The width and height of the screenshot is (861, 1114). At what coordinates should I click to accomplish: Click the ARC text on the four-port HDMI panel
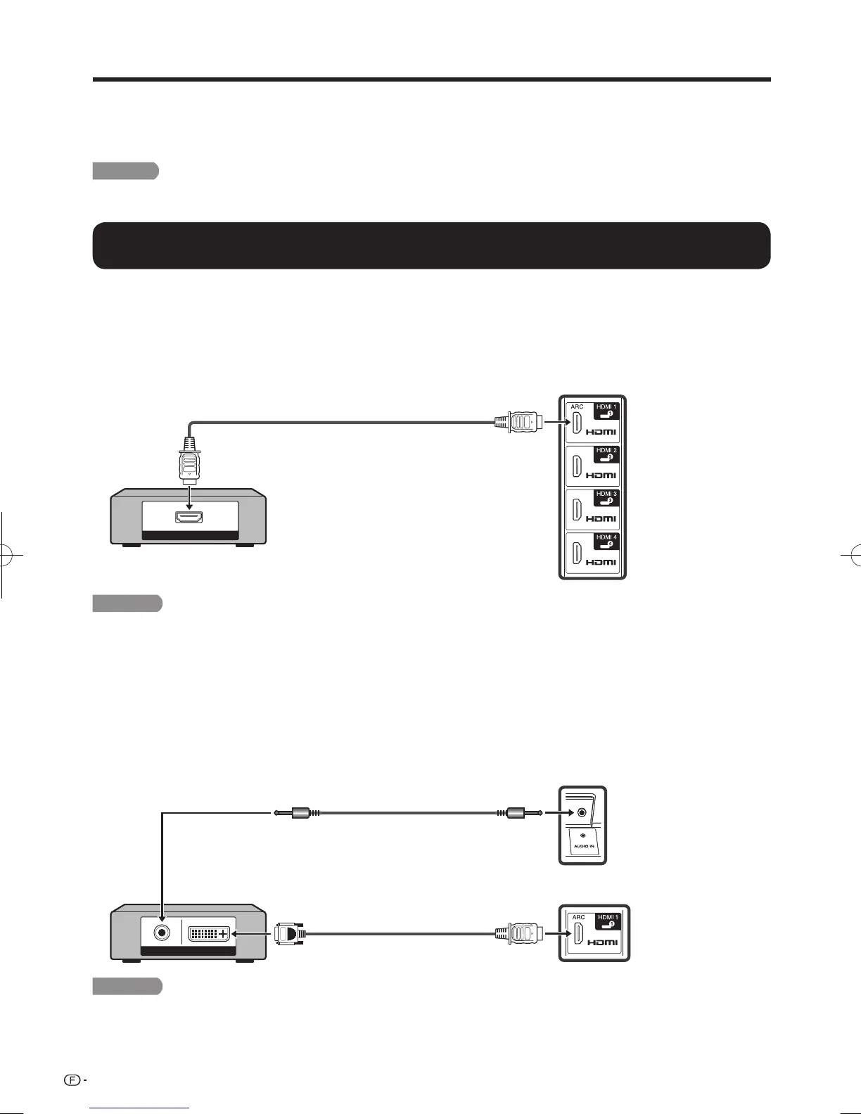click(x=577, y=406)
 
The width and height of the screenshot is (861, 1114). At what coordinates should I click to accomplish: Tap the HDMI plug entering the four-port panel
click(x=518, y=423)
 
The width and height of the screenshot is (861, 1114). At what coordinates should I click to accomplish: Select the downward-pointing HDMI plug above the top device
click(x=189, y=461)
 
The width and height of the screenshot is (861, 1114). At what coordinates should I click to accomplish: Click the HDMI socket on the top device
click(x=189, y=518)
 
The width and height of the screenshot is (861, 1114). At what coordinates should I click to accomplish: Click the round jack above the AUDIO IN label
click(x=582, y=813)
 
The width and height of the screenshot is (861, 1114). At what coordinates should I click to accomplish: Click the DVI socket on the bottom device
click(x=209, y=934)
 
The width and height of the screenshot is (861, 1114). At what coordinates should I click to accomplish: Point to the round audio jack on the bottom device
click(x=162, y=933)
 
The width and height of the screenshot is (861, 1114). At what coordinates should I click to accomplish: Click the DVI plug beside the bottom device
click(x=289, y=934)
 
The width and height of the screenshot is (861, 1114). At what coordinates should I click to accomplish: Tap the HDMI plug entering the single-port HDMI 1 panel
click(x=518, y=934)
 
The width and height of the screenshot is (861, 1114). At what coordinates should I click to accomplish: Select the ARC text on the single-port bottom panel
click(x=578, y=917)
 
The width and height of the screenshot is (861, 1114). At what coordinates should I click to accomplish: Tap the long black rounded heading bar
click(x=431, y=245)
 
